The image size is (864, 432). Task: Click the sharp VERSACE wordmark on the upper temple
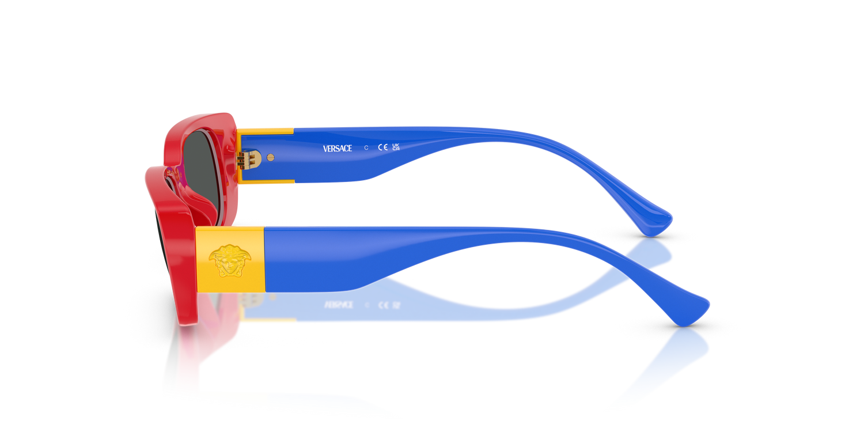coord(337,149)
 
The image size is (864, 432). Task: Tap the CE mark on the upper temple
coord(382,147)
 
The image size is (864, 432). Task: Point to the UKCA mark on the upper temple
coord(396,147)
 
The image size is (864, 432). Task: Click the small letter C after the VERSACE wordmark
coord(366,148)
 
